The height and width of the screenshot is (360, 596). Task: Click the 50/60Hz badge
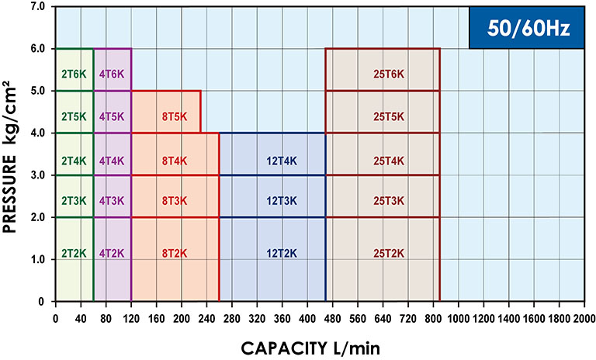click(x=526, y=28)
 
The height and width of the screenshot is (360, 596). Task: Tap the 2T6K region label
click(x=74, y=74)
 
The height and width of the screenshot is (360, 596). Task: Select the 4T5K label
click(x=112, y=116)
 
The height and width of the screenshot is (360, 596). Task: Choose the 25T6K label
click(x=389, y=74)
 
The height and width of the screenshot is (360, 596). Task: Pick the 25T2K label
click(x=389, y=253)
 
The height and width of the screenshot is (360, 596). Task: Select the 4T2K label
click(x=112, y=253)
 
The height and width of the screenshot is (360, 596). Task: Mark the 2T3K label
click(x=74, y=201)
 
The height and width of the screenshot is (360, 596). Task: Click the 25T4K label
click(x=389, y=161)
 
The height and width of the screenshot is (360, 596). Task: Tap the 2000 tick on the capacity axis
click(x=584, y=318)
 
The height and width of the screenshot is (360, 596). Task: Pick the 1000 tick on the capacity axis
click(x=458, y=318)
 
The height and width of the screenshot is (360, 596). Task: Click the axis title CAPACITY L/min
click(x=317, y=346)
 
